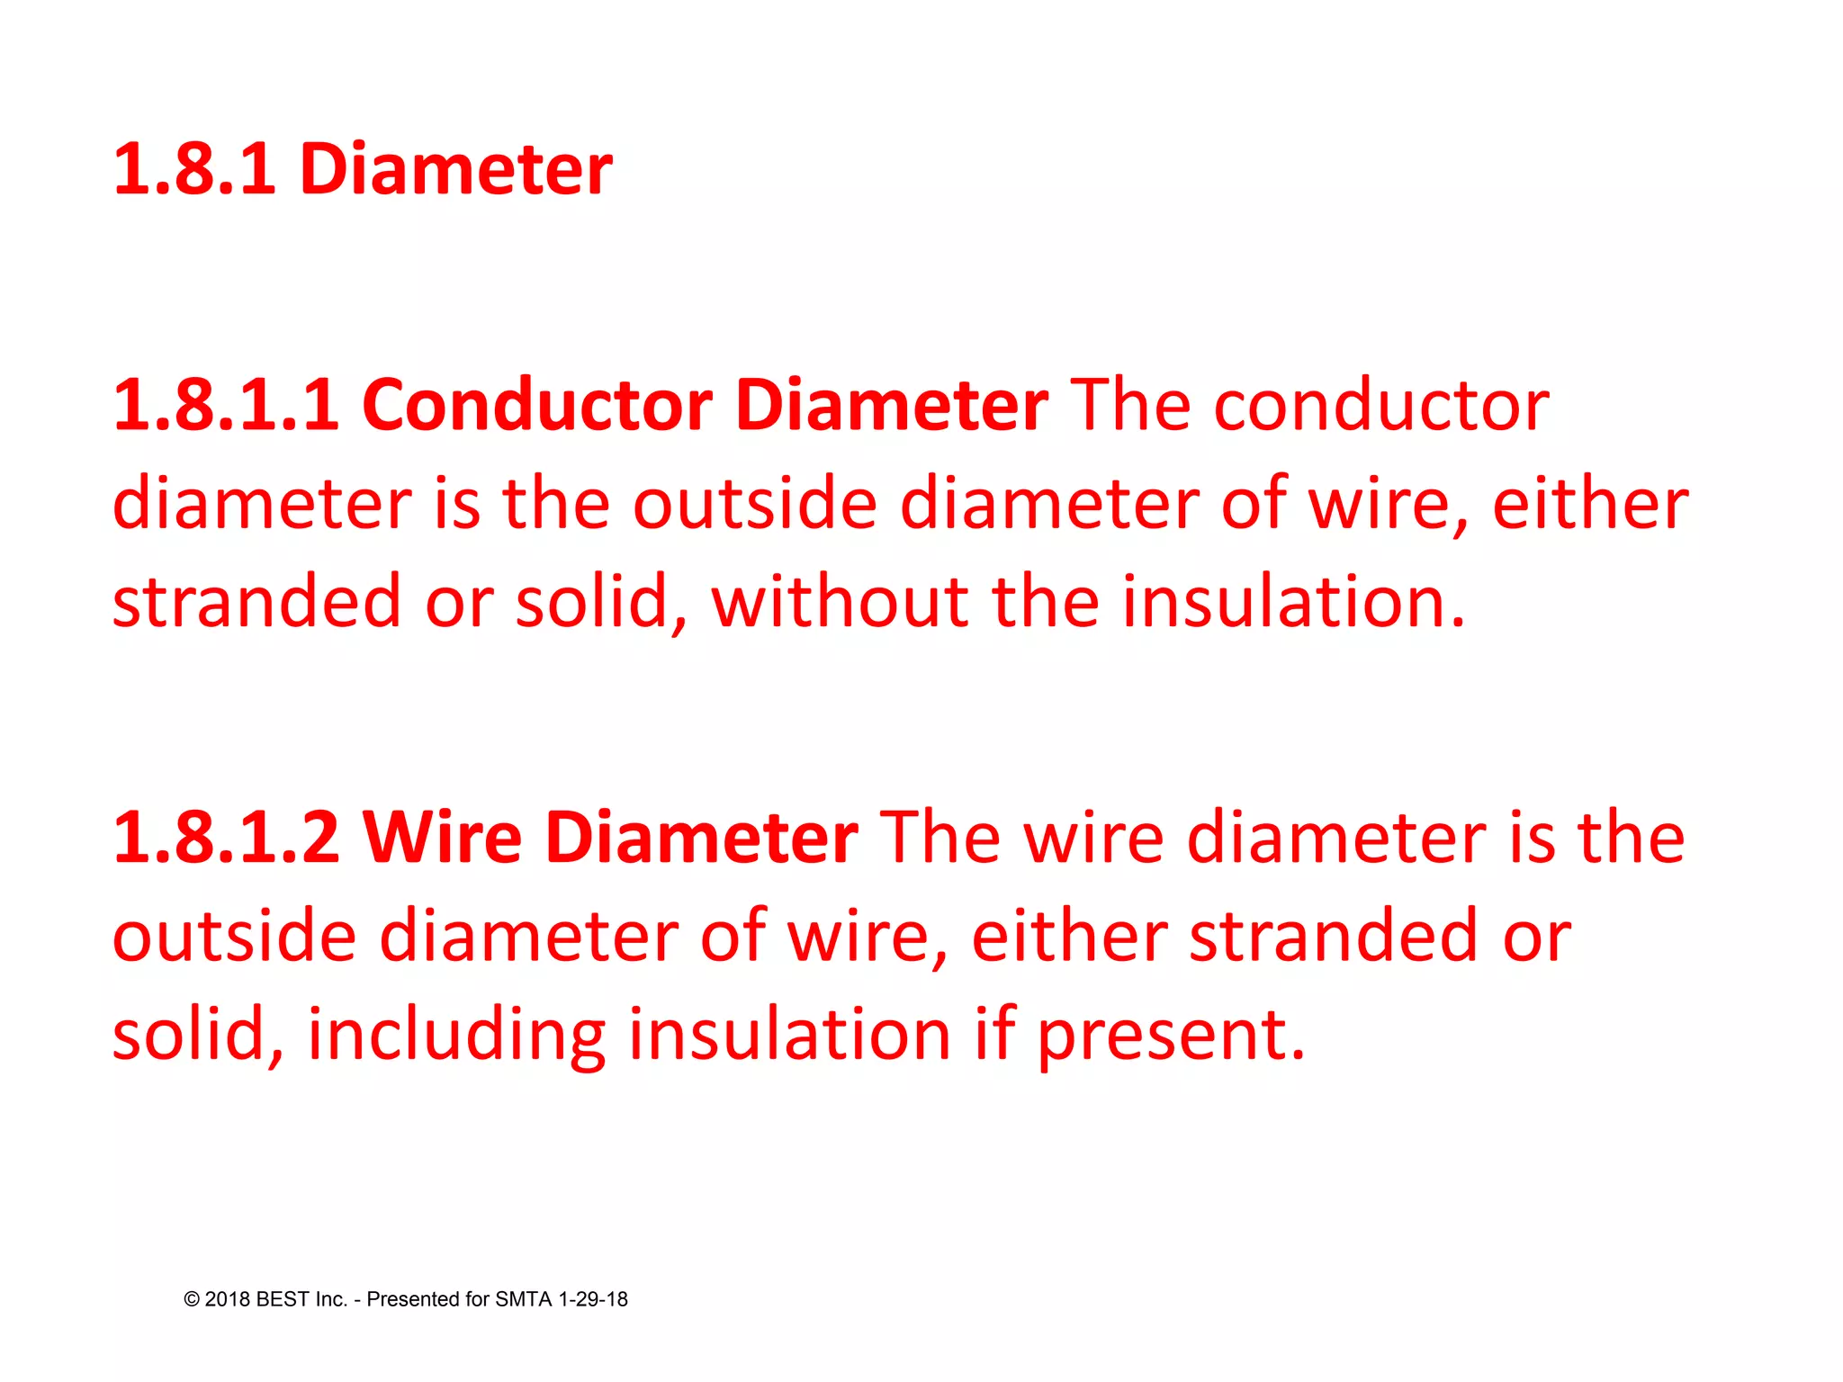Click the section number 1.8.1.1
coord(226,406)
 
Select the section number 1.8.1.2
coord(226,838)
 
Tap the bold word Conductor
coord(537,406)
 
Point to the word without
coord(839,601)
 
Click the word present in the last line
coord(1170,1034)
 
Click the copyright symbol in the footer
coord(192,1299)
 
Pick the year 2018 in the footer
coord(228,1299)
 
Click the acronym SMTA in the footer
coord(524,1299)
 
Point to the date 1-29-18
coord(593,1299)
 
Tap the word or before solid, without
coord(459,601)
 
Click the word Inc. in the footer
coord(331,1299)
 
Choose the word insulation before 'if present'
coord(789,1034)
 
